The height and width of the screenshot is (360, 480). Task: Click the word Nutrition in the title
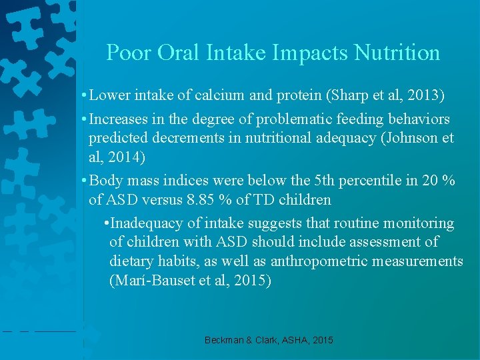click(x=397, y=53)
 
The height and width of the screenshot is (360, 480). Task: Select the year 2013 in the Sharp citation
click(x=424, y=95)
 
